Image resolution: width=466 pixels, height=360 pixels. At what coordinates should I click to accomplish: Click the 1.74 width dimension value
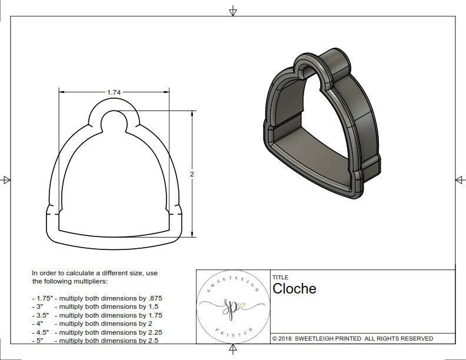click(114, 92)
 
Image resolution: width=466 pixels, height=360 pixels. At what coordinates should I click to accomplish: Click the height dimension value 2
click(192, 175)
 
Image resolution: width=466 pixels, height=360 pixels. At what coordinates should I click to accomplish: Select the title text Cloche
click(294, 289)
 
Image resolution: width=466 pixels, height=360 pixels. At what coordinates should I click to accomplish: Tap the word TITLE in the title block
click(280, 278)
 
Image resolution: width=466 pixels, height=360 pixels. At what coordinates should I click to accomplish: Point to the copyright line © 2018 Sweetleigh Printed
click(352, 338)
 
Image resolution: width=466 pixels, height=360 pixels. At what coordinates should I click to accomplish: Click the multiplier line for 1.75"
click(97, 298)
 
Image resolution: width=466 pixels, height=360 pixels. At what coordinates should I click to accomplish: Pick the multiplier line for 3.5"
click(97, 315)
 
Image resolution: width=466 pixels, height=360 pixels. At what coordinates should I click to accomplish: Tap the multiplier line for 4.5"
click(97, 332)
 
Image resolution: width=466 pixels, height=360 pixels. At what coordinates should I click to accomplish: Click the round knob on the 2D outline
click(114, 122)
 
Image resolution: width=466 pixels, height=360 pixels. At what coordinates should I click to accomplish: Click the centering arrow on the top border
click(233, 11)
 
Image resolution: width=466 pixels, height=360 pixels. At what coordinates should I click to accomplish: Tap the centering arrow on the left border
click(6, 180)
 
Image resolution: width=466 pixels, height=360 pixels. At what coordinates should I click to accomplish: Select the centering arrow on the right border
click(460, 180)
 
